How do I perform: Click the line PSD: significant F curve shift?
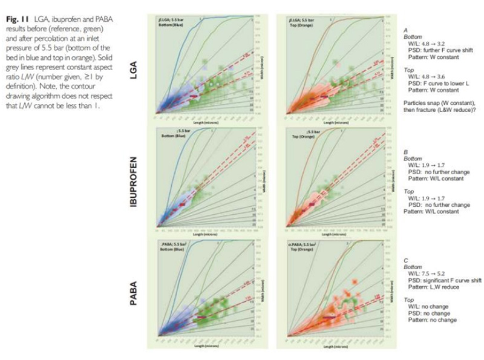click(443, 281)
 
